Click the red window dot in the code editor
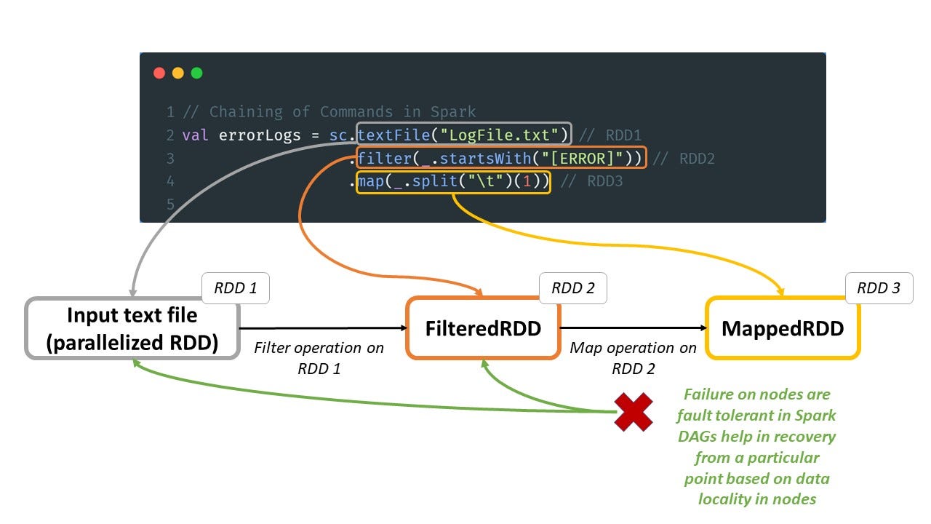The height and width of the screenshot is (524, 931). (x=159, y=74)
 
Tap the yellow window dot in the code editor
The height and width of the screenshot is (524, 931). (x=178, y=74)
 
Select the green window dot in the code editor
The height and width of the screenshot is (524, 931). (x=196, y=74)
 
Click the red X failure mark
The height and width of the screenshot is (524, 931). (x=634, y=412)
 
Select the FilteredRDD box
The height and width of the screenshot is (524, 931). (x=484, y=328)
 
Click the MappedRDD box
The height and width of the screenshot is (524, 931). (x=783, y=328)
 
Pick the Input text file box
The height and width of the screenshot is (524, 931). (x=132, y=328)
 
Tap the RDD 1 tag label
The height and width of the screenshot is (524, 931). (x=236, y=288)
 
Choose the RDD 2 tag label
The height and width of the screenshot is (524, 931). (x=573, y=288)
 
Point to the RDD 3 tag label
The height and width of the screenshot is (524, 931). (x=879, y=288)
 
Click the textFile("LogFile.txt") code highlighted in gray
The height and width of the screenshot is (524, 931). (x=464, y=134)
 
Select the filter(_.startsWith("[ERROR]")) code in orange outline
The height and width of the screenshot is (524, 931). (x=501, y=158)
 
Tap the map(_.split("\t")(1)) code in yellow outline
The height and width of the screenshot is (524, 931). (x=453, y=182)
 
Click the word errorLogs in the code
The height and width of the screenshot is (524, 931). (x=260, y=135)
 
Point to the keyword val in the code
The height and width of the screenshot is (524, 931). (x=195, y=135)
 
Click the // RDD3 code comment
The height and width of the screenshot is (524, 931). (x=592, y=181)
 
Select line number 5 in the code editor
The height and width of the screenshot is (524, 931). (x=170, y=205)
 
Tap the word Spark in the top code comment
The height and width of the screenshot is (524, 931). (x=453, y=112)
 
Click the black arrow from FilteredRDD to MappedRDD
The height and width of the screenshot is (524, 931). (x=634, y=327)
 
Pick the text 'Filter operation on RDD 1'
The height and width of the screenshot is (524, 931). (x=319, y=358)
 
